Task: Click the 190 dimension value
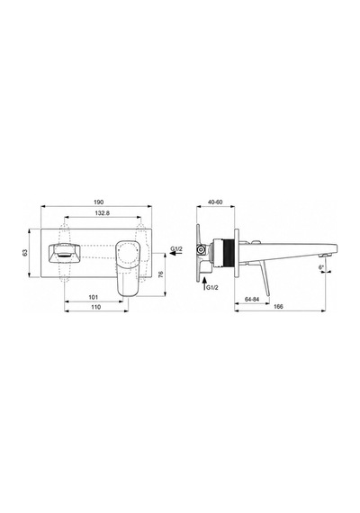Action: (98, 202)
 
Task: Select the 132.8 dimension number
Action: (102, 213)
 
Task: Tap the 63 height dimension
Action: (25, 253)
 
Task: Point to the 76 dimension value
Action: (160, 274)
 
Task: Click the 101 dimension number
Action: (94, 297)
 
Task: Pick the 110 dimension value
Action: (96, 307)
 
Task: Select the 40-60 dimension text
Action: (215, 202)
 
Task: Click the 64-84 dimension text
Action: (252, 299)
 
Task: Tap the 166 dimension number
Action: (278, 307)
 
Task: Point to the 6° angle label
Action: (321, 267)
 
